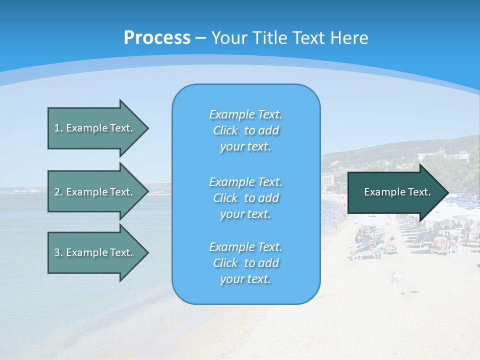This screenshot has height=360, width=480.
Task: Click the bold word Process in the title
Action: pos(157,38)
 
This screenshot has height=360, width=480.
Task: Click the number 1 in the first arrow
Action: pos(57,128)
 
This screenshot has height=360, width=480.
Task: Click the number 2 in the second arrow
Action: pos(57,192)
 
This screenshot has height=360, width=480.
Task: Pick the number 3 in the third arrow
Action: pos(57,252)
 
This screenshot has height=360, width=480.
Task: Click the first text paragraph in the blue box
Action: pos(245,130)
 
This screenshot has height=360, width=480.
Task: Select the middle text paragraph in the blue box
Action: pos(245,198)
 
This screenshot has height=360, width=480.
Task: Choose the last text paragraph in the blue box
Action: pos(245,263)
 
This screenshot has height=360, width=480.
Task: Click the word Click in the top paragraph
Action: pos(225,130)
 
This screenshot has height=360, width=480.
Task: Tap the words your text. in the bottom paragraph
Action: pos(245,279)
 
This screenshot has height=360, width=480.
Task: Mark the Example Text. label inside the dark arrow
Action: pos(397,192)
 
